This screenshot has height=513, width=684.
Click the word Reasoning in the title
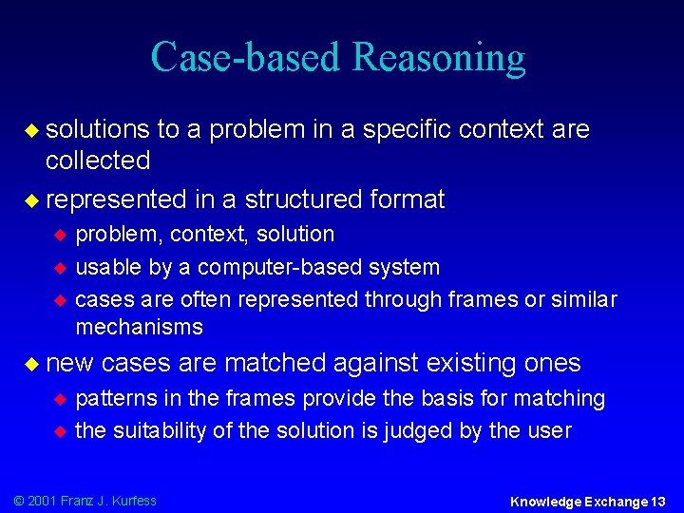pos(438,58)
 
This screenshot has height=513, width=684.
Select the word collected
pos(98,161)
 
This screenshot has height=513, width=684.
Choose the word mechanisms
pos(139,327)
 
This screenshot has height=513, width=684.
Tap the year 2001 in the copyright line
pos(42,501)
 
